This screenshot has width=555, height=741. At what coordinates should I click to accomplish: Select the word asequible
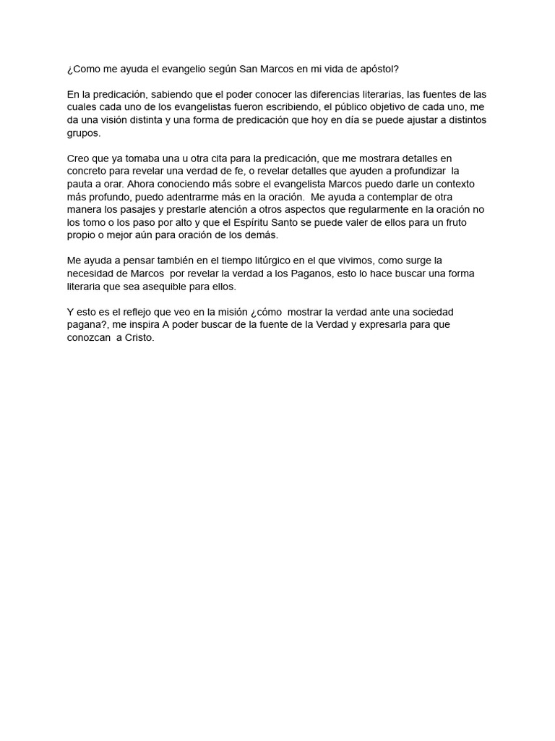pyautogui.click(x=167, y=286)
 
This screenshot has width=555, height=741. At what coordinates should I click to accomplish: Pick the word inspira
pyautogui.click(x=140, y=324)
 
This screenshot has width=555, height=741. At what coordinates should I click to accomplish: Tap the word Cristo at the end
pyautogui.click(x=139, y=337)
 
